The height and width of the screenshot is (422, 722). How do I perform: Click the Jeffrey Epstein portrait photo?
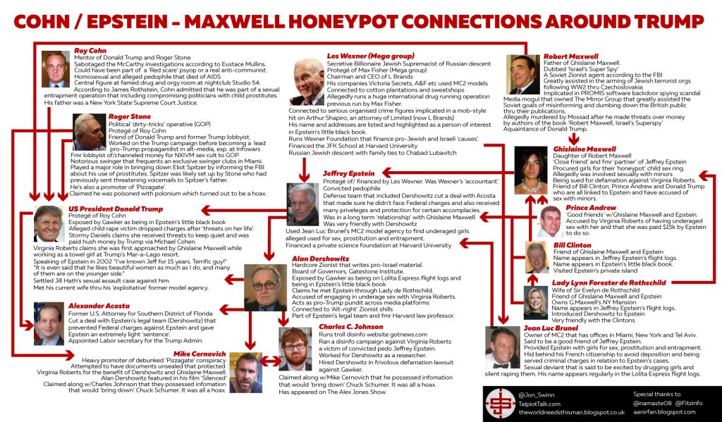(x=302, y=204)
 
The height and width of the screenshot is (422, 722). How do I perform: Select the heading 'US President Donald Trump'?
(x=116, y=209)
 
